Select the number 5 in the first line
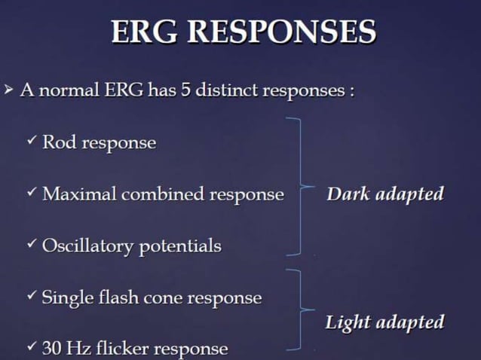(185, 92)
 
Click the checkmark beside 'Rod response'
(31, 141)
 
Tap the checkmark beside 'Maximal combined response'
(31, 193)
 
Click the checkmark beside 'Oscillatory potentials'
(31, 245)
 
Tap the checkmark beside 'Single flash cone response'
(31, 296)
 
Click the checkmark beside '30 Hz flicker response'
(31, 347)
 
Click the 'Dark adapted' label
(384, 194)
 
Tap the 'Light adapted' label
(384, 323)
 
